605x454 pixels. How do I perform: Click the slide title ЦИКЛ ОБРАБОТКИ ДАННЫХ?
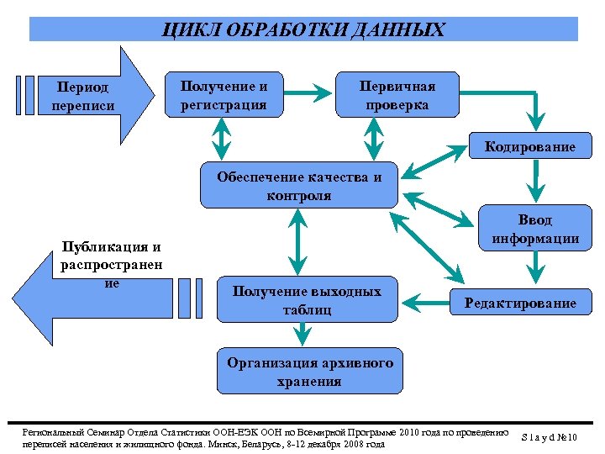(x=303, y=31)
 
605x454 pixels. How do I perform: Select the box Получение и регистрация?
(x=224, y=95)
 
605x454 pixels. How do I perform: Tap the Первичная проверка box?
(x=397, y=95)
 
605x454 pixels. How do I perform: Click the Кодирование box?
(x=529, y=147)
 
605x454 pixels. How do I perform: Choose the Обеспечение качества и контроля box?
(x=298, y=186)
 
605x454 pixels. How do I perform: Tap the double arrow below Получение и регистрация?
(x=222, y=137)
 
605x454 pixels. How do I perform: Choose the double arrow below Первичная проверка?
(x=374, y=137)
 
